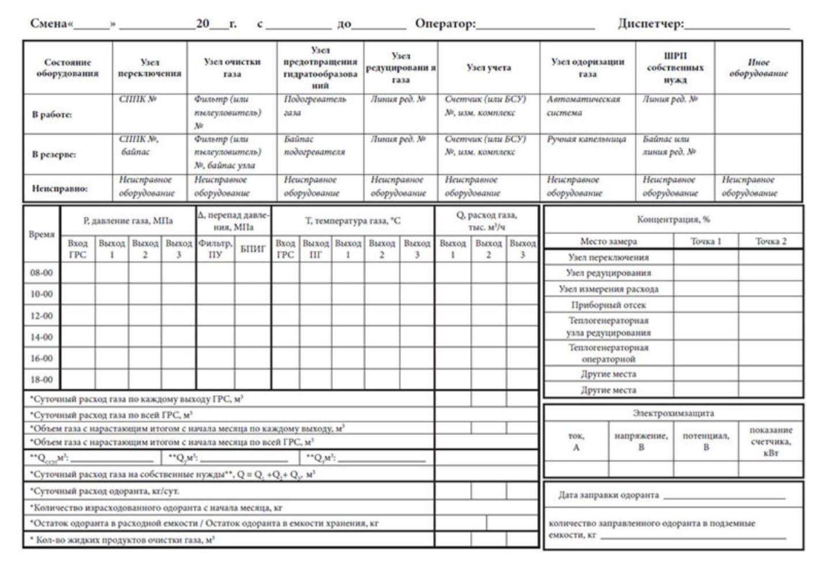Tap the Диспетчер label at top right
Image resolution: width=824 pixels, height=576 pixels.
[651, 24]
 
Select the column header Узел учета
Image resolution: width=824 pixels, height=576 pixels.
[489, 67]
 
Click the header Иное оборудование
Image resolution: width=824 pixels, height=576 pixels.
[758, 67]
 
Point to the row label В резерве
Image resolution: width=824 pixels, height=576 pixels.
[54, 154]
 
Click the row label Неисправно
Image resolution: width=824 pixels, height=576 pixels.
[59, 188]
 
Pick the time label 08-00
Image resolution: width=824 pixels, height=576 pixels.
[41, 272]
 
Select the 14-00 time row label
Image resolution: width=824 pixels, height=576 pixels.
[41, 337]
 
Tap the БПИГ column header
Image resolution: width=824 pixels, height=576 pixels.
[252, 249]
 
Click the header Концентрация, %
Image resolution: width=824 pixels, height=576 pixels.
[673, 219]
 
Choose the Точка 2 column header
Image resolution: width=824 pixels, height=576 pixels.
[770, 241]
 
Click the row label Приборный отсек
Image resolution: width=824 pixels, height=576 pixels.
[608, 305]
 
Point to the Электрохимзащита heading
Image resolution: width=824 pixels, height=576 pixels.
[673, 413]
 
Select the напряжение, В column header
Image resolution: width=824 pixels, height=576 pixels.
[641, 441]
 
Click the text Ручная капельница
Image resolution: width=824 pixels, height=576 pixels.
[586, 139]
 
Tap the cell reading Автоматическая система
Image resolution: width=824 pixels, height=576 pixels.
[583, 106]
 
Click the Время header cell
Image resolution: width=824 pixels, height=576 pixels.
[41, 234]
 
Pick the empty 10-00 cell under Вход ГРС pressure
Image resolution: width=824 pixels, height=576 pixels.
[78, 294]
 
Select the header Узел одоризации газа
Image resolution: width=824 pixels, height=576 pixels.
[588, 67]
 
